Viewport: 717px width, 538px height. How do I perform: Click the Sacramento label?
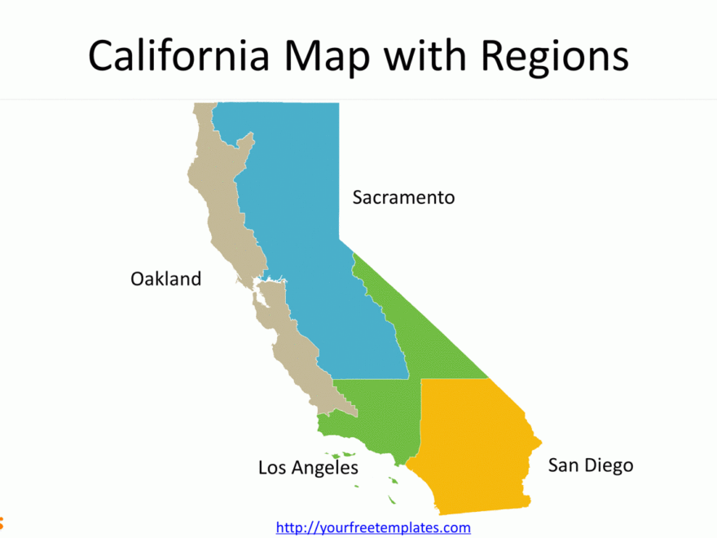coord(403,197)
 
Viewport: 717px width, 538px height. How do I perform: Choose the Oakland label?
coord(165,279)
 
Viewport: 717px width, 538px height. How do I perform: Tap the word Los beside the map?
coord(272,468)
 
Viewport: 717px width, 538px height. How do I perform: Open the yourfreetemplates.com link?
coord(373,528)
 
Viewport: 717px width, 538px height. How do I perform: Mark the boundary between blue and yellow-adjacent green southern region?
coord(371,379)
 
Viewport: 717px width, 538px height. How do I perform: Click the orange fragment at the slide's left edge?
coord(2,520)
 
